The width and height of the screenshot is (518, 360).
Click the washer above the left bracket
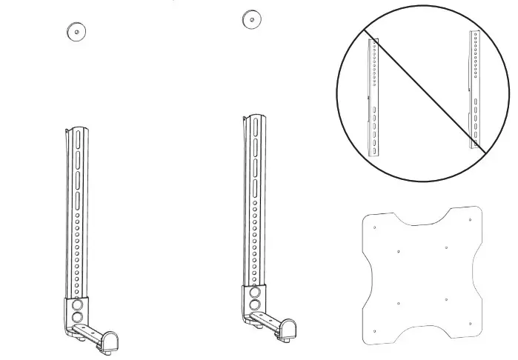pos(76,31)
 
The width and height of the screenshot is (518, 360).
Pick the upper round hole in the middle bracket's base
pos(254,291)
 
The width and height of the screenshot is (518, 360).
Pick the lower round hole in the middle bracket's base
pos(254,304)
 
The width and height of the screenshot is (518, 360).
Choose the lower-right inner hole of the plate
pos(447,299)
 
